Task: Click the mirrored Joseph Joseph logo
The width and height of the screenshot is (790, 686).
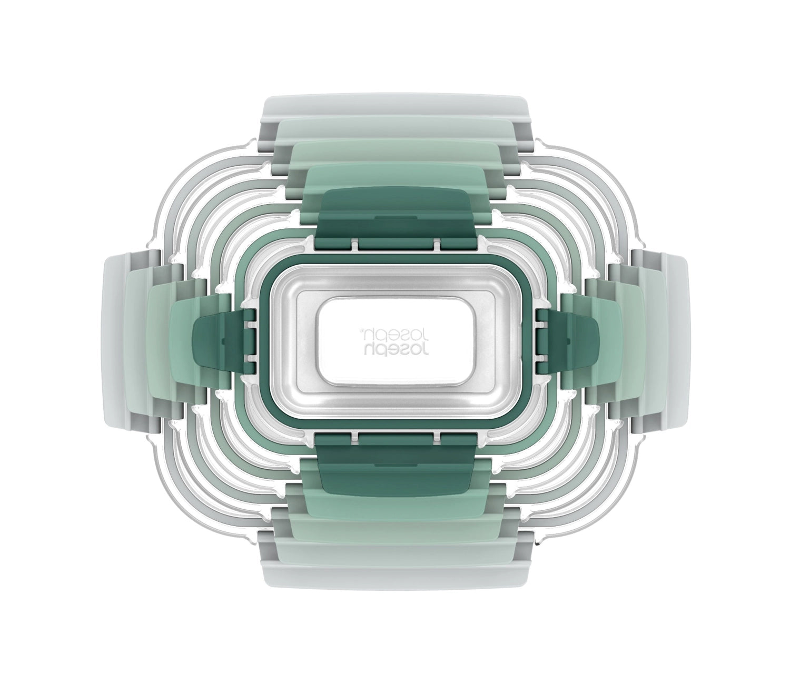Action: pos(396,339)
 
